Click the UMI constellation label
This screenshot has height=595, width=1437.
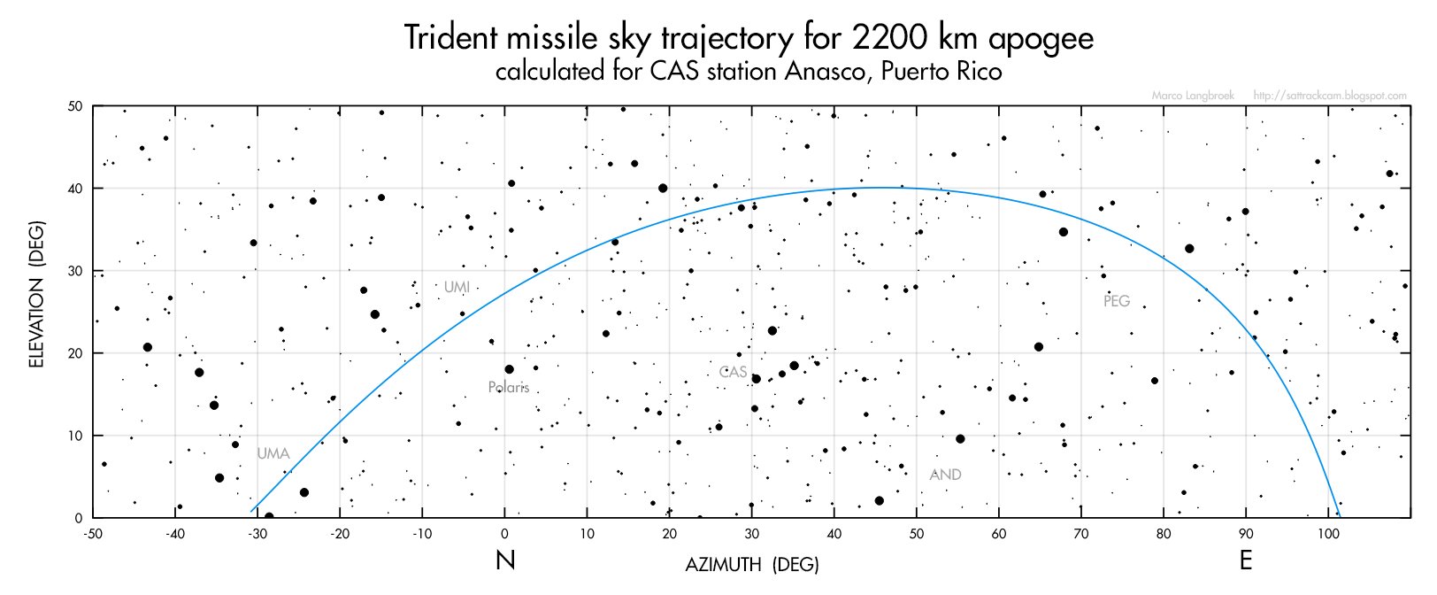[x=457, y=287]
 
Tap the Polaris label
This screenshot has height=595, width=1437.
[x=509, y=387]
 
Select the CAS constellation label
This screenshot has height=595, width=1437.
[x=733, y=372]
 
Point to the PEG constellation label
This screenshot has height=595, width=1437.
[x=1117, y=301]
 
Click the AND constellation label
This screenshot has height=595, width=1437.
[x=945, y=475]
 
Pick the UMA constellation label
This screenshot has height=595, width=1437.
[x=273, y=453]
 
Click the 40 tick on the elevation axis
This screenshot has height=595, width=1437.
[x=75, y=189]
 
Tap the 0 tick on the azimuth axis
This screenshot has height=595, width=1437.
[x=504, y=533]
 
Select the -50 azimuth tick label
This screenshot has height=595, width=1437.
[x=93, y=533]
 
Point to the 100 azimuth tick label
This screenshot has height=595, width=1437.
[x=1328, y=533]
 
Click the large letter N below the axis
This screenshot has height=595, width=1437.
[x=505, y=560]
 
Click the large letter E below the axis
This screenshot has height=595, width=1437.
[x=1246, y=560]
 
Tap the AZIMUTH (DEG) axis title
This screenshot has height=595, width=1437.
[x=752, y=564]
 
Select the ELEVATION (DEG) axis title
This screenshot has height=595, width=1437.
[x=36, y=294]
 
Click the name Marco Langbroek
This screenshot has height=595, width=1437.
[x=1193, y=96]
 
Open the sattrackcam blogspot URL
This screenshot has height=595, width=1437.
[x=1330, y=96]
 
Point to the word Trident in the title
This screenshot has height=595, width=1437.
[x=451, y=38]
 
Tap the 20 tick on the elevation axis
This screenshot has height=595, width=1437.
[x=75, y=353]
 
